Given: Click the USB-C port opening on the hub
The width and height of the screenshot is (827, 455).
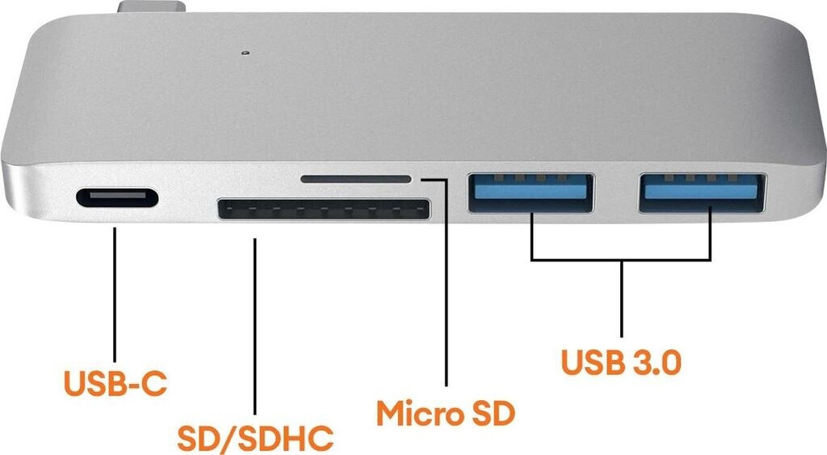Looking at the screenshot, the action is (116, 198).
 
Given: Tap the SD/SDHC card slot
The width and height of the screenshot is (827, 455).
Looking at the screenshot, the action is (324, 211).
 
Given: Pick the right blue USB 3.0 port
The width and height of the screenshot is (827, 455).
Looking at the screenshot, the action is (702, 193).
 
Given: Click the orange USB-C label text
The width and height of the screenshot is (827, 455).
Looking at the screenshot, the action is (116, 383).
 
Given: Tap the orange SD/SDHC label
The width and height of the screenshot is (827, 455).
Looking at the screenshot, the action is (255, 438).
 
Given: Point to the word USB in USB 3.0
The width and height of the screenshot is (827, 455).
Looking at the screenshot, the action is (592, 362).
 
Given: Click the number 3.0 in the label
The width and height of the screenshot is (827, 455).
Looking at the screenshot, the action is (654, 362).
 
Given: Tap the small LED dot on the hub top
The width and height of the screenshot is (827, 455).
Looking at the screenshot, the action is (244, 54).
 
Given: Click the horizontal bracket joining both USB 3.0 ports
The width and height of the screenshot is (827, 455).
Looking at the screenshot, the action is (621, 260).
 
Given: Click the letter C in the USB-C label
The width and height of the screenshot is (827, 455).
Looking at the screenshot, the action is (154, 383).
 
